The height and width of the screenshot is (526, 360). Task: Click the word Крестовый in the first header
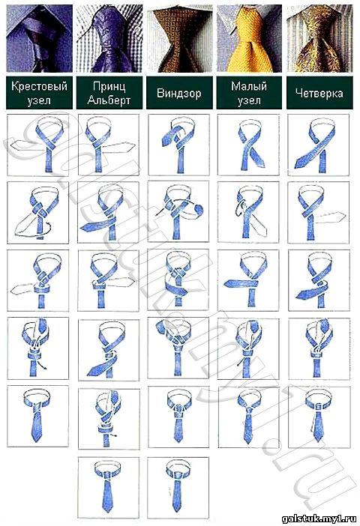point(39,86)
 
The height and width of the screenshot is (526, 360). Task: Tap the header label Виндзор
point(179,93)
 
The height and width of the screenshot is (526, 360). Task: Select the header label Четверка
point(319,93)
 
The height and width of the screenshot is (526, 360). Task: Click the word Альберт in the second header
point(109,100)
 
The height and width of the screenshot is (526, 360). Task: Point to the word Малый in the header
point(249,86)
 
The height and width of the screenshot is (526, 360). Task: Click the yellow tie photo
point(249,38)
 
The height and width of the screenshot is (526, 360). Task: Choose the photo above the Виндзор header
point(179,38)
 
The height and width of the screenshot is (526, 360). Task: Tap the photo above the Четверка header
point(319,38)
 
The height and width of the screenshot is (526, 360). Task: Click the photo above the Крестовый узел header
point(39,38)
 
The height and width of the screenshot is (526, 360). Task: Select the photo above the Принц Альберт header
point(109,38)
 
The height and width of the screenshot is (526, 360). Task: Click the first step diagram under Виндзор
point(178,145)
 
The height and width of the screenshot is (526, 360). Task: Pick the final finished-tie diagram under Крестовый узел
point(38,416)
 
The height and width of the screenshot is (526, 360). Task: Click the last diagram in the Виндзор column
point(178,488)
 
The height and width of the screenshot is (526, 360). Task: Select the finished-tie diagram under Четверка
point(319,417)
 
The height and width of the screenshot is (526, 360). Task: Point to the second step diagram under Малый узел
point(248,212)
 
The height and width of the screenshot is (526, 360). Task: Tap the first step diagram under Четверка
point(319,145)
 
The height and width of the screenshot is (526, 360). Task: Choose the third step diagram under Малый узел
point(248,280)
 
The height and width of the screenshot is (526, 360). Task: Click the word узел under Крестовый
point(39,100)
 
